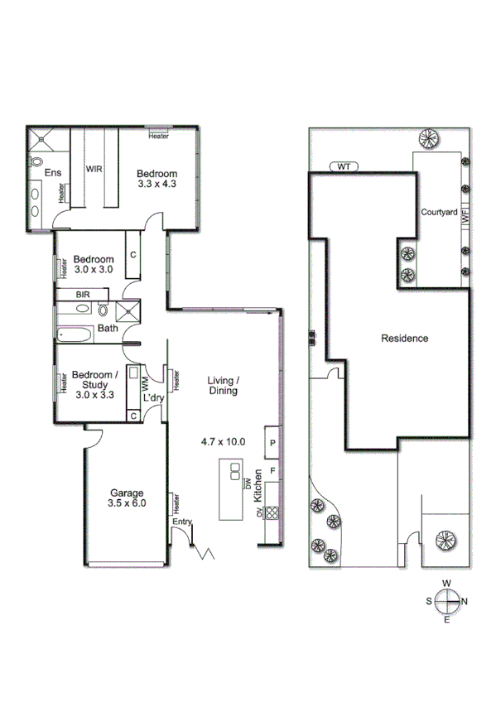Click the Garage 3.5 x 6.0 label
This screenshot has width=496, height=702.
(x=126, y=498)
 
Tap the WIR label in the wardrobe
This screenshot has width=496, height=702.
(x=94, y=168)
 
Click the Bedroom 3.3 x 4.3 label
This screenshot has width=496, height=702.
(x=157, y=178)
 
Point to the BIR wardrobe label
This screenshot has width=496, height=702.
(x=83, y=294)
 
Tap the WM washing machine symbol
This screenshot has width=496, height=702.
(x=146, y=383)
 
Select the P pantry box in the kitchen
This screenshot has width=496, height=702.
(x=272, y=443)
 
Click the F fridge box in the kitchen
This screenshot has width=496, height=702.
(x=272, y=471)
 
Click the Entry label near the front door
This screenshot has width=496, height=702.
(x=181, y=522)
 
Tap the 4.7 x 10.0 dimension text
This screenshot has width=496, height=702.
(x=224, y=441)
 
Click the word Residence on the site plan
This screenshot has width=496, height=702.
(x=404, y=338)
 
